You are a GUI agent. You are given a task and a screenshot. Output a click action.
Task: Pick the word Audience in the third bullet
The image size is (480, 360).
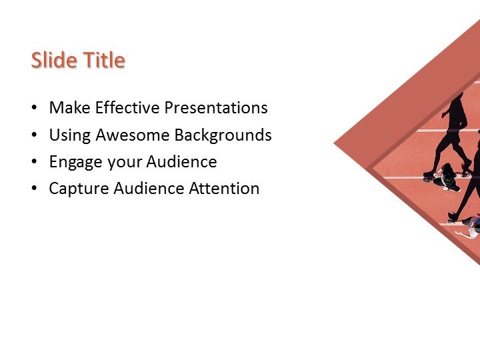tap(181, 162)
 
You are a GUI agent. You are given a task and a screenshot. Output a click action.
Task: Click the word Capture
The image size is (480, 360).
tap(76, 189)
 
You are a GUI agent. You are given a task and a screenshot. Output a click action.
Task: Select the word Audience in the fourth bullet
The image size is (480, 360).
tap(147, 189)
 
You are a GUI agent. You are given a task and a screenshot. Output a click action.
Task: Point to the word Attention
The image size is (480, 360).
tap(224, 189)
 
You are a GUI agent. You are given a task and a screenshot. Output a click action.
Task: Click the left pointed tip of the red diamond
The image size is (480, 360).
tap(335, 143)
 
